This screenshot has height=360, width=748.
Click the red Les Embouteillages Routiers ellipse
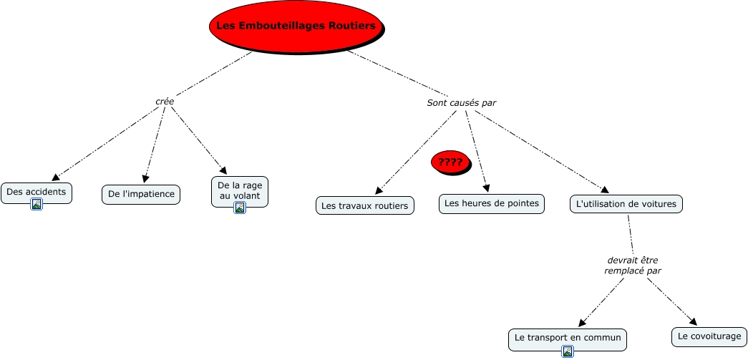(296, 26)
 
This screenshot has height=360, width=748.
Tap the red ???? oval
(450, 162)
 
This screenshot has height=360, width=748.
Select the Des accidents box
(37, 191)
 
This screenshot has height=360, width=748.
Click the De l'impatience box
(141, 194)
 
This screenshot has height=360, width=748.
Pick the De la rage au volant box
(240, 190)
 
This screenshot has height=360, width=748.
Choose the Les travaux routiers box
(364, 205)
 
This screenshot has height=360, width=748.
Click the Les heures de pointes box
(492, 203)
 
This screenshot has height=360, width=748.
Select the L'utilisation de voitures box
(626, 203)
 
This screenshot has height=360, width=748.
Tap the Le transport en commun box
(567, 336)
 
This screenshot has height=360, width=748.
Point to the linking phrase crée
(165, 102)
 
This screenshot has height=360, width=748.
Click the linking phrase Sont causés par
(462, 102)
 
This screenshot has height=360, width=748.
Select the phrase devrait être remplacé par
(633, 266)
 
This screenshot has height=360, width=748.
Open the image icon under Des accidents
(37, 205)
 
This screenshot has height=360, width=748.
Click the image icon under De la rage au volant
(240, 208)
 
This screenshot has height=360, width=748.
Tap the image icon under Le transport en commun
(568, 351)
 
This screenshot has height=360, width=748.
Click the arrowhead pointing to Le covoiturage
(692, 321)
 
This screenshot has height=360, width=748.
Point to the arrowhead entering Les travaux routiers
(379, 190)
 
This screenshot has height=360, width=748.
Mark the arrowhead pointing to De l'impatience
(146, 179)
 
